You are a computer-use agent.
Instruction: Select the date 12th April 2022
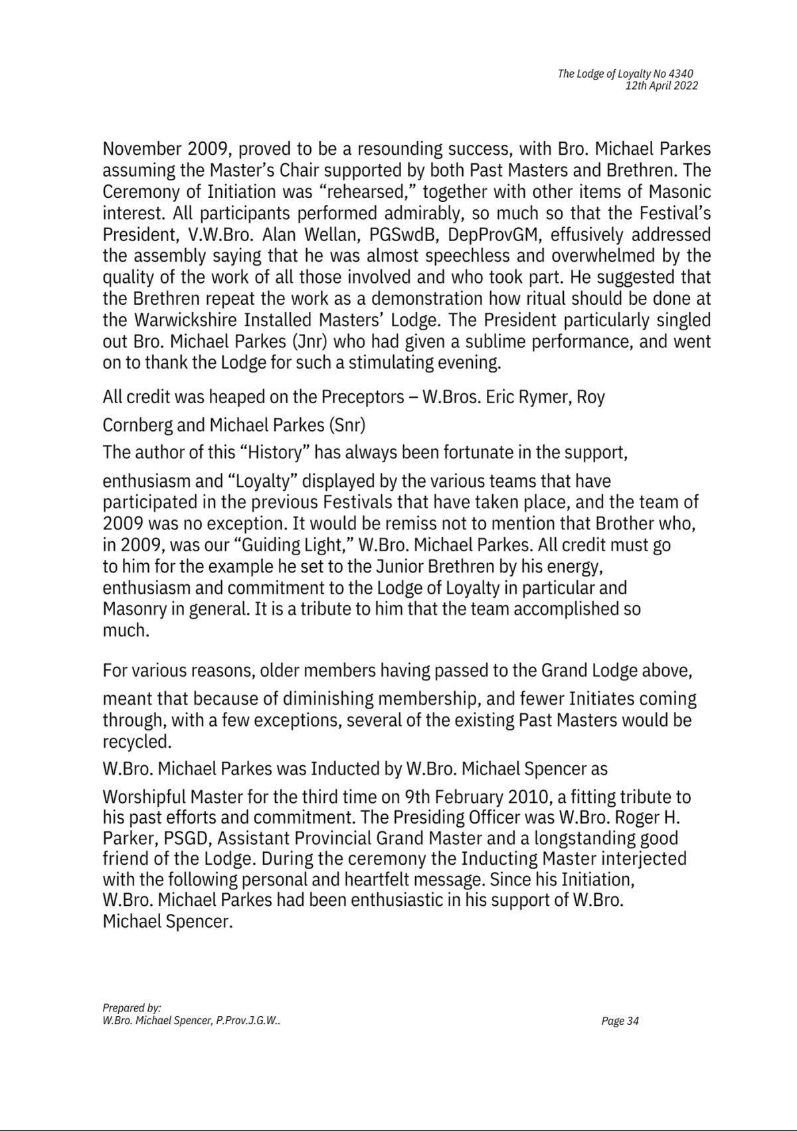pyautogui.click(x=661, y=86)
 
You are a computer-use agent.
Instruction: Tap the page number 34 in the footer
pyautogui.click(x=632, y=1021)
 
